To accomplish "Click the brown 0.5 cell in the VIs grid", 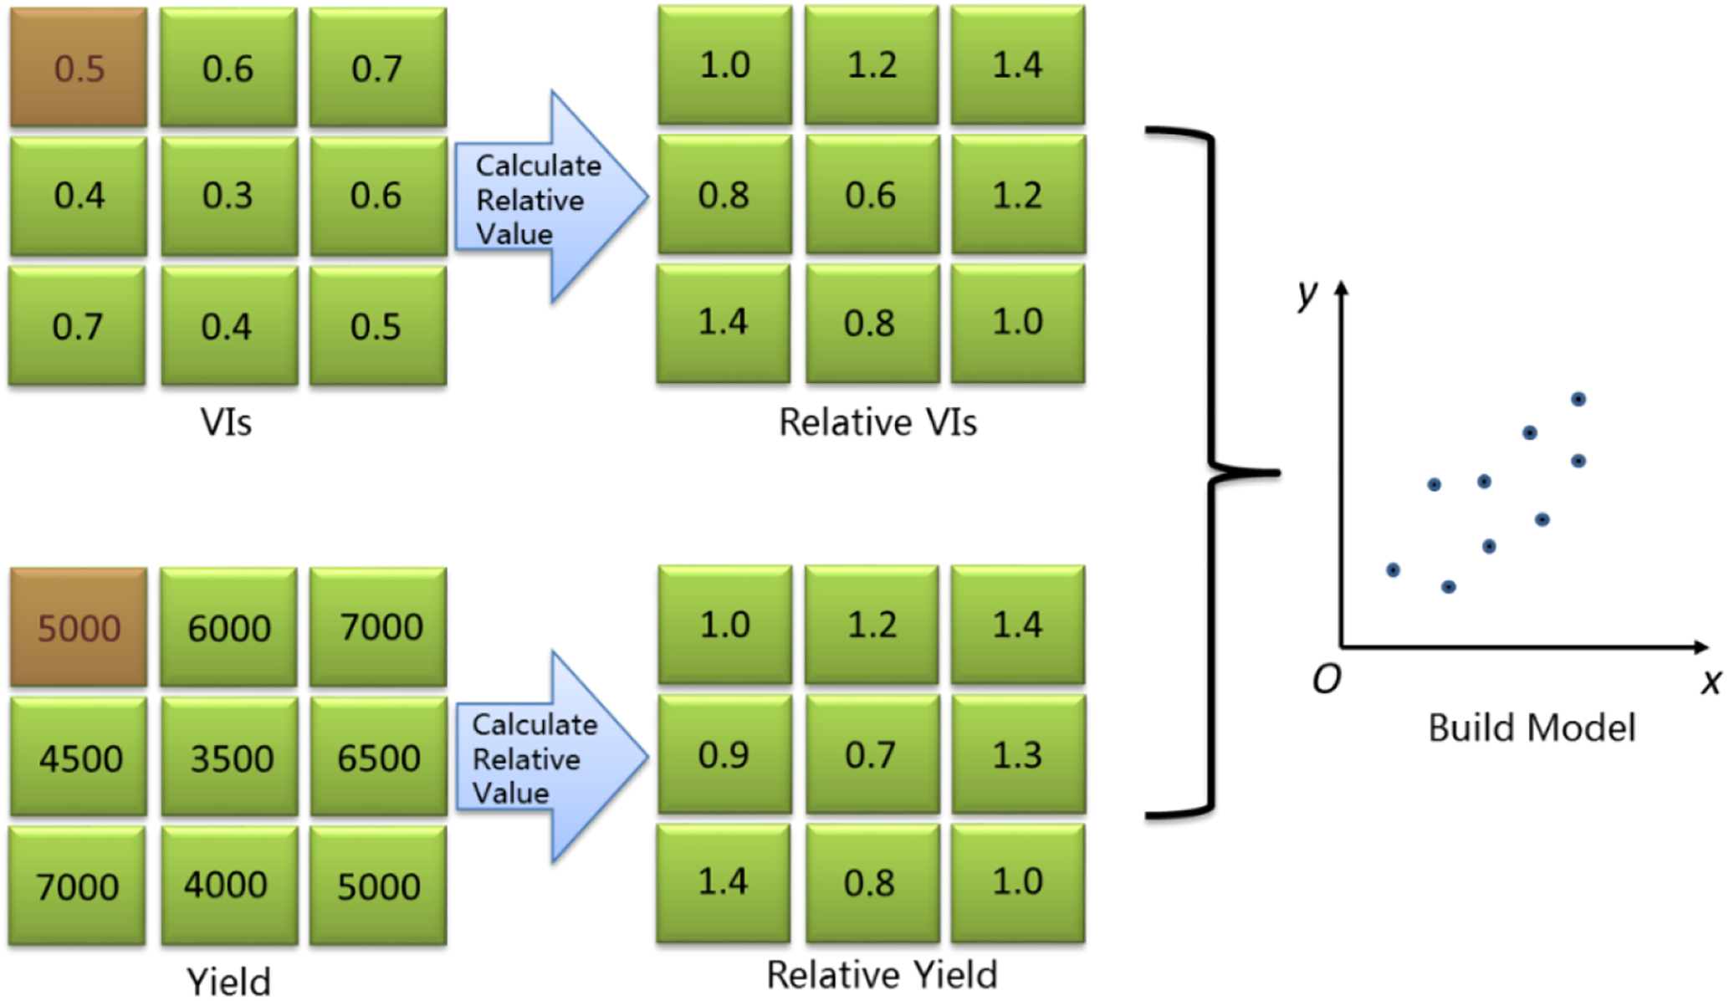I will pos(79,68).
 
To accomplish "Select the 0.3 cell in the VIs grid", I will pos(228,196).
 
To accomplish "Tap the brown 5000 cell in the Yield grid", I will pos(79,627).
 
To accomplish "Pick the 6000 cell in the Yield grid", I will pos(228,627).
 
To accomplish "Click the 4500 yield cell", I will pos(79,758).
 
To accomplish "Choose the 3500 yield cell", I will pos(230,758).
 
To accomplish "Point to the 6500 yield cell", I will pos(378,758).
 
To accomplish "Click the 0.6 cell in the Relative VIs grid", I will pos(871,196).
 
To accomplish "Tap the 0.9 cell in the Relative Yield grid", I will pos(724,754).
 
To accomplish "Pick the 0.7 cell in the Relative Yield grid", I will pos(871,754).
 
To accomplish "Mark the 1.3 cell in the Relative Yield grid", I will pos(1017,754).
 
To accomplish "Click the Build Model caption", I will pos(1531,728).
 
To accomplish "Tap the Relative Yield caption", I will pos(882,975).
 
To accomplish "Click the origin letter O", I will pos(1326,679).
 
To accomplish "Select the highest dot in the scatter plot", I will pos(1578,399).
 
